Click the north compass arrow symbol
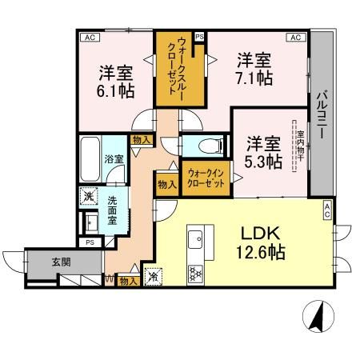click(318, 318)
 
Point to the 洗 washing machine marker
click(86, 196)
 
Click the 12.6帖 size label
click(261, 252)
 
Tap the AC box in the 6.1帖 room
click(89, 37)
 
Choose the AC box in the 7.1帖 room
click(295, 37)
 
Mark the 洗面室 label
click(114, 210)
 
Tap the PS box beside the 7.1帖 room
click(199, 37)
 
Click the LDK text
click(261, 233)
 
